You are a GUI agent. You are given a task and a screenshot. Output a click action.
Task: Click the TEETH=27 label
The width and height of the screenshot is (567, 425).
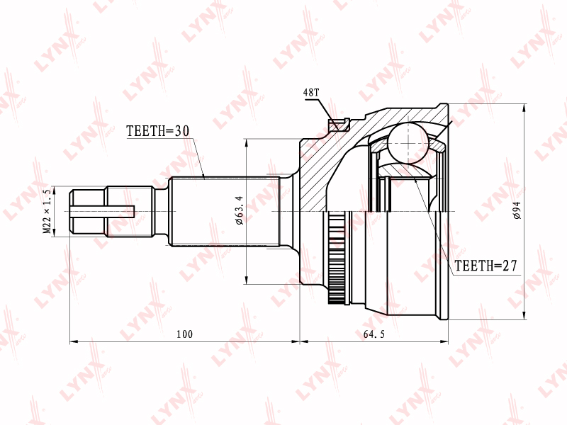click(486, 266)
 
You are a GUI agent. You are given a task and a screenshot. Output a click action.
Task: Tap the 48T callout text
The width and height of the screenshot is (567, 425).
click(311, 93)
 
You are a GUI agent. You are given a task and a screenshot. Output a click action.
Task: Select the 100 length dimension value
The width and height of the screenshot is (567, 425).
click(185, 334)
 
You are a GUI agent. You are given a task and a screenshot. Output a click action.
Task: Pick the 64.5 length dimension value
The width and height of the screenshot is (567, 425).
click(374, 334)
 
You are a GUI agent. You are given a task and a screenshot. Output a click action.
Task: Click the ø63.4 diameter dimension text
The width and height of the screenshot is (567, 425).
click(239, 210)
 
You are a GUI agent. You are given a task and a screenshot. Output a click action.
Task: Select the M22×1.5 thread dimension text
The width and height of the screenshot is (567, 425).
click(47, 211)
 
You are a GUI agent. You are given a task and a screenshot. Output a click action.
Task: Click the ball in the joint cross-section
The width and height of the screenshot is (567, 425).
click(408, 142)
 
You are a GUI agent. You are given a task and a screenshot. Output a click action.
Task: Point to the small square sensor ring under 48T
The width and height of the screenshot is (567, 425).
click(338, 126)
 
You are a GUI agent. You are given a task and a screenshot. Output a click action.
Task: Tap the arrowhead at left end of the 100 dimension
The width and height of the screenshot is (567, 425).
click(73, 341)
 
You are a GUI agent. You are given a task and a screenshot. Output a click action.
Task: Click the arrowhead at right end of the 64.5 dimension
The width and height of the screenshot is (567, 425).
click(446, 341)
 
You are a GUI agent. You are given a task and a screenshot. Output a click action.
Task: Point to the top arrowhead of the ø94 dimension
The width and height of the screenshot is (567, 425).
click(524, 108)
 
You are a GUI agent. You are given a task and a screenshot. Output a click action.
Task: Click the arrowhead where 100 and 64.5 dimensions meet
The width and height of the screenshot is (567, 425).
click(300, 341)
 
